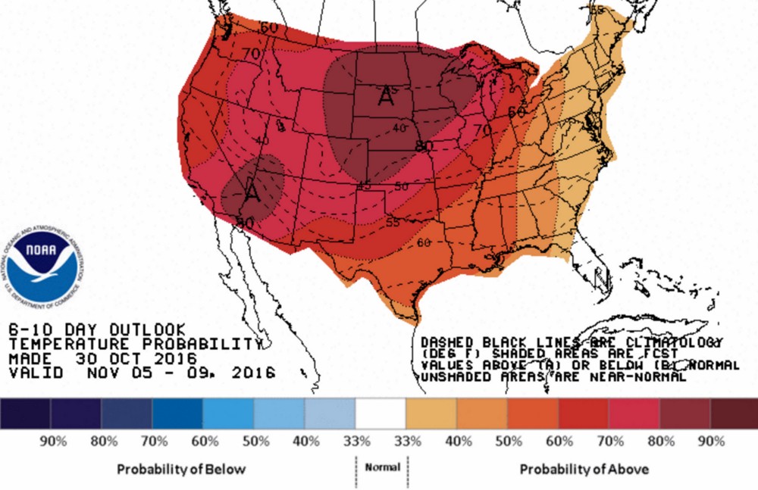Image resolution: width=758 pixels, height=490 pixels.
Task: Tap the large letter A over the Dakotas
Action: tap(386, 95)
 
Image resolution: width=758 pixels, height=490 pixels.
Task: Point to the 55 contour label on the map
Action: tap(391, 222)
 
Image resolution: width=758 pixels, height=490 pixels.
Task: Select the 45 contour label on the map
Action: tap(364, 186)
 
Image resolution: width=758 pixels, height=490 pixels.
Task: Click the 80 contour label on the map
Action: tap(424, 145)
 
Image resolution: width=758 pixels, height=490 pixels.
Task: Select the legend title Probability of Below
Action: tap(181, 469)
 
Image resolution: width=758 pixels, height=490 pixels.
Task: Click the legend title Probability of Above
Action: tap(584, 469)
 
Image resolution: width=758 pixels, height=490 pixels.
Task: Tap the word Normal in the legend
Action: tap(382, 467)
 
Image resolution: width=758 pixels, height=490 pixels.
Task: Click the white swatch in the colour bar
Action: tap(381, 414)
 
